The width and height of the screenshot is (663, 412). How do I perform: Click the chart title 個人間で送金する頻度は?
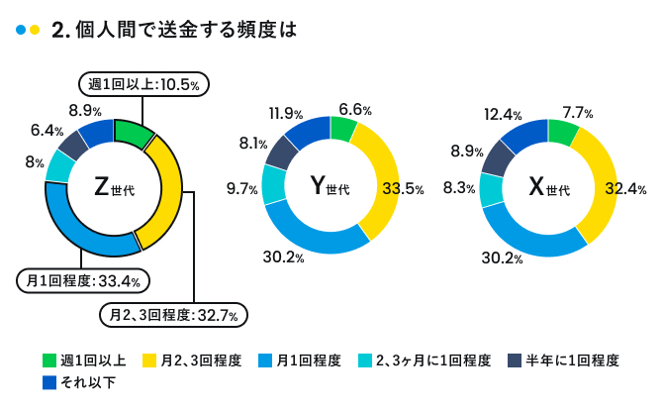183,30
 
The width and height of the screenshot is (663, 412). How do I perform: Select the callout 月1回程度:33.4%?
82,281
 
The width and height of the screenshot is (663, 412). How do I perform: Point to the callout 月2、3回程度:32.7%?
173,315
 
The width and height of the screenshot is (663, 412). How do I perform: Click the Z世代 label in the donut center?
114,187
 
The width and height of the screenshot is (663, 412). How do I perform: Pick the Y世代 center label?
330,185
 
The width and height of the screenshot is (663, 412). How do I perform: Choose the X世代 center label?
547,187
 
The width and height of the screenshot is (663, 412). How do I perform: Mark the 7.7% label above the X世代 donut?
576,112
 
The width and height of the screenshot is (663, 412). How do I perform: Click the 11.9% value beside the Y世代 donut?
285,114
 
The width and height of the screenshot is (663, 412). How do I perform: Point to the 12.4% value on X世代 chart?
503,116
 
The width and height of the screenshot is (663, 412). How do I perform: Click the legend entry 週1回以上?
83,360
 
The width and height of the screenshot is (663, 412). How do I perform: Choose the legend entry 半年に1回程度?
563,360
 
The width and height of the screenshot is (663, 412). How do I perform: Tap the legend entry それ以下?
79,383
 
